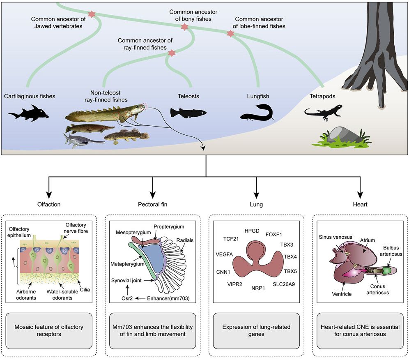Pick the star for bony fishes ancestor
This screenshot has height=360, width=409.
(x=184, y=27)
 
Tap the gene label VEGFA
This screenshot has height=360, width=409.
(x=224, y=254)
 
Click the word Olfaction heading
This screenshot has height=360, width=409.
(x=49, y=204)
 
